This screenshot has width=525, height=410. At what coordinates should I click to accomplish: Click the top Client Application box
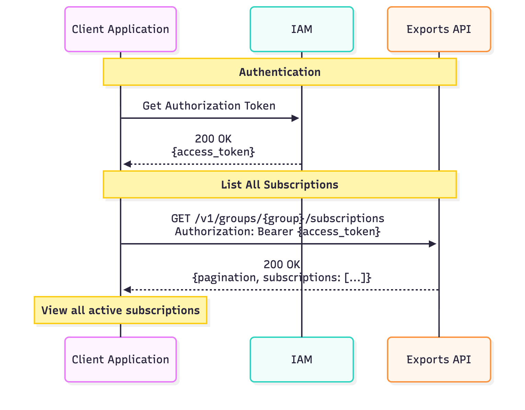pos(121,29)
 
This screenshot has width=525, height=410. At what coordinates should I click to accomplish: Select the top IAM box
pos(301,29)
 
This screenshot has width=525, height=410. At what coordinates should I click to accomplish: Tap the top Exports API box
pos(439,29)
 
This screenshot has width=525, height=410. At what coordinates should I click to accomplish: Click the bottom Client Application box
pos(121,360)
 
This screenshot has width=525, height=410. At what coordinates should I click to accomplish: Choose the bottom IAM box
pos(301,360)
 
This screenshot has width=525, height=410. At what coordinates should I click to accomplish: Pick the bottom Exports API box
pos(439,360)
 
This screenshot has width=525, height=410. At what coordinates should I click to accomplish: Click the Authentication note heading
pos(279,72)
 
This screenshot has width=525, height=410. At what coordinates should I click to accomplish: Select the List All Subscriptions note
pos(279,185)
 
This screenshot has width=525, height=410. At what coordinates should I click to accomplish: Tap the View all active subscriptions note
pos(121,310)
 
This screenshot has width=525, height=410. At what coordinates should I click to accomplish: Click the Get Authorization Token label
pos(209,106)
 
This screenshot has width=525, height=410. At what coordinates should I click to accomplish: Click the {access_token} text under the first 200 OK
pos(213,152)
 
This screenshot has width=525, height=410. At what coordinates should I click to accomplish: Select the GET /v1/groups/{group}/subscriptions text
pos(277,218)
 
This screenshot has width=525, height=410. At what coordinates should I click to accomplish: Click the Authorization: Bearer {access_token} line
pos(277,231)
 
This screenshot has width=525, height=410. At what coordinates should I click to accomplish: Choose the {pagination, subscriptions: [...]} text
pos(282,277)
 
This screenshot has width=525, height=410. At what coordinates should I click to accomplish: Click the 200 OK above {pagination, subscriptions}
pos(282,264)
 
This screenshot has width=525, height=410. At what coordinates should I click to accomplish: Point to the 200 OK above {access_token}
pos(213,139)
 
